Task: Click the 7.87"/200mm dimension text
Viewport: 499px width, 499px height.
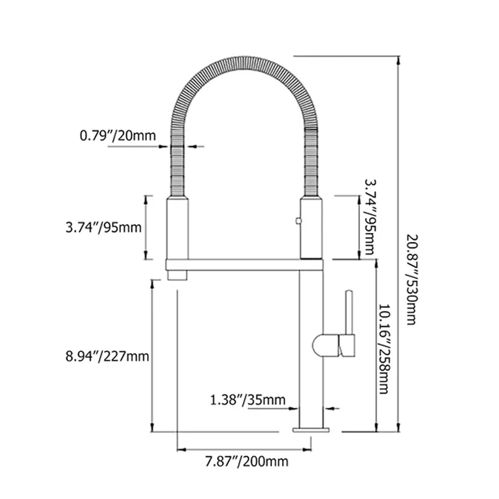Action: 246,462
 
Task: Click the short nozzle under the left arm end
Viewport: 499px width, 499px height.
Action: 177,275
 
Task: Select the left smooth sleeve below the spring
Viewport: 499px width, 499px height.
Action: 177,228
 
